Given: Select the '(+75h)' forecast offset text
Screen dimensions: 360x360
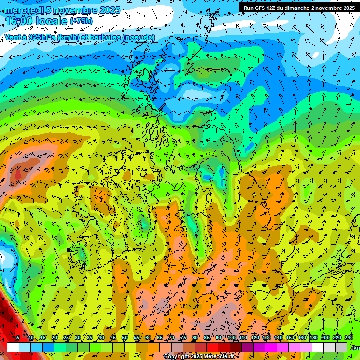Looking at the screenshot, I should coord(81,21).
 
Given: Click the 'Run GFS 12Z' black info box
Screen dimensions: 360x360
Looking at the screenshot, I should coord(299,8).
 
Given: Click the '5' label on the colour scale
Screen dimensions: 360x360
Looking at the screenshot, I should coord(18,338).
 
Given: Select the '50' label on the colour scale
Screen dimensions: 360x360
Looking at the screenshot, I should coord(125,338).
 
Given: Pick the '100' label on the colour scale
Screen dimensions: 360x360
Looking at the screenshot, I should coord(232,338).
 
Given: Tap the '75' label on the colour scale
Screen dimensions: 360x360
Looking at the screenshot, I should coord(184,338).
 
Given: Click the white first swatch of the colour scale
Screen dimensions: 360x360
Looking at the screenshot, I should coord(13,347).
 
